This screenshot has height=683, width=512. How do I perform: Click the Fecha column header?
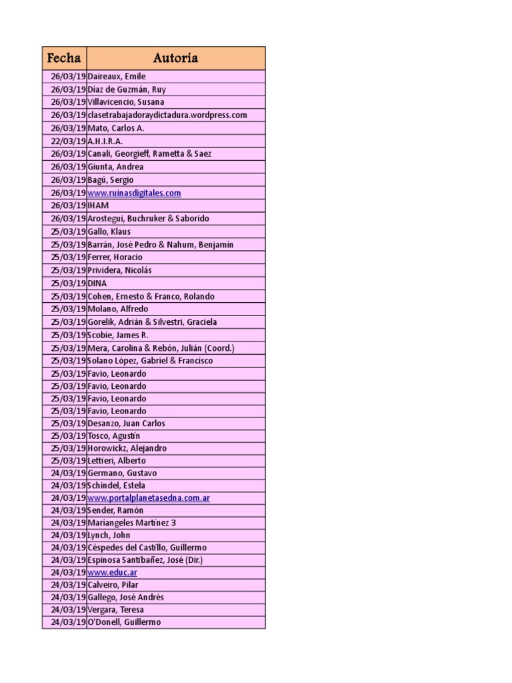click(x=64, y=58)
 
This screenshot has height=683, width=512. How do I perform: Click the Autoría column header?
click(x=175, y=58)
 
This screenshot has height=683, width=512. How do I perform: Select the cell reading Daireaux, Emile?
click(x=116, y=77)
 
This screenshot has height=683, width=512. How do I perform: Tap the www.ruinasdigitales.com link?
click(x=134, y=193)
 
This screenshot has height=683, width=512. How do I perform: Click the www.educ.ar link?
click(x=113, y=572)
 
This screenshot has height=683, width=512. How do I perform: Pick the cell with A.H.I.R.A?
click(x=105, y=141)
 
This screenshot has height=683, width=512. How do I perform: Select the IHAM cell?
click(x=98, y=205)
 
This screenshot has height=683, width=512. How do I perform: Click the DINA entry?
click(x=97, y=283)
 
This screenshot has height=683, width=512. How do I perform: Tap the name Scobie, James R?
click(x=118, y=335)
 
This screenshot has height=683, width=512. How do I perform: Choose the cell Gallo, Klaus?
click(x=109, y=231)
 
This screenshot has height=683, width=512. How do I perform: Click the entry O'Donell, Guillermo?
click(x=124, y=622)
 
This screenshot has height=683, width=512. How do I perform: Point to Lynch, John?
click(x=109, y=535)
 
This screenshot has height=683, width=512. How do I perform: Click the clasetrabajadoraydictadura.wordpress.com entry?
click(x=167, y=115)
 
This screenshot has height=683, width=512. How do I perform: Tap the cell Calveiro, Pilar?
click(x=113, y=585)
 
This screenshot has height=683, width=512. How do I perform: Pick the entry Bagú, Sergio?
click(x=110, y=180)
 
